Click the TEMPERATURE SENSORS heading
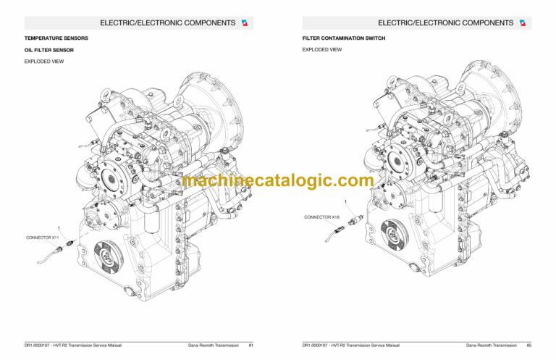click(x=56, y=38)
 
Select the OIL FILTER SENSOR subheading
click(x=49, y=50)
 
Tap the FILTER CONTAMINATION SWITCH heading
click(x=343, y=38)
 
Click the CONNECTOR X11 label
click(x=43, y=238)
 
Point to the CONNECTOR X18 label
click(x=321, y=217)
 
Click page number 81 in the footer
click(x=250, y=345)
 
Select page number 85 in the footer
click(x=528, y=345)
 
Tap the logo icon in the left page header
click(x=244, y=22)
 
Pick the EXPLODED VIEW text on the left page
click(x=44, y=62)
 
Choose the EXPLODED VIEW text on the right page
click(x=322, y=50)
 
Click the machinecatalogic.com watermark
click(x=278, y=181)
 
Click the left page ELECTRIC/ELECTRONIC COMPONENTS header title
click(x=167, y=22)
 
